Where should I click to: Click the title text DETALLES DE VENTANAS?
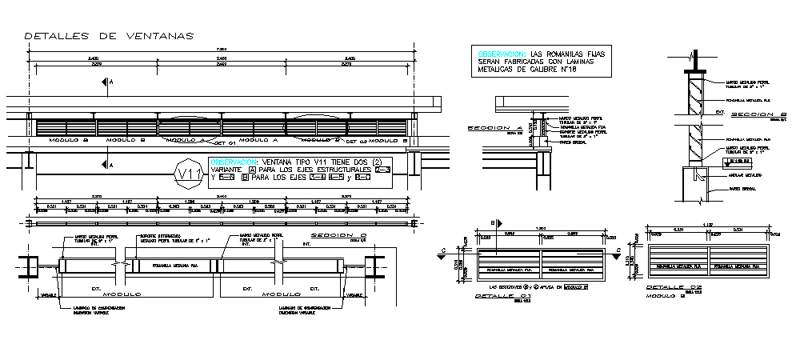109,36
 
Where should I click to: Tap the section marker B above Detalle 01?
495,223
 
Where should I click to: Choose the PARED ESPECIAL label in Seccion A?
572,144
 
